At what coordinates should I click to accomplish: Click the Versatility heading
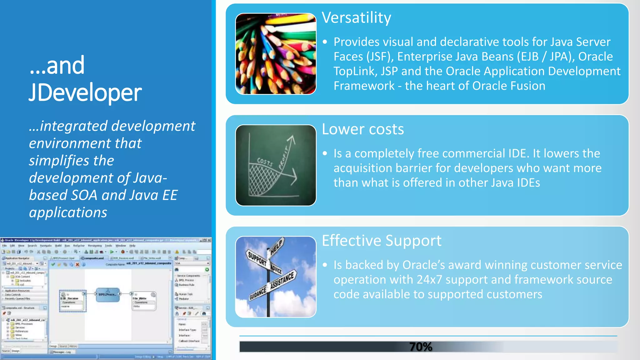[356, 18]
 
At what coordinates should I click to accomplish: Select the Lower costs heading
[363, 129]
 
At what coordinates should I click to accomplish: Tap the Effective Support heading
[382, 241]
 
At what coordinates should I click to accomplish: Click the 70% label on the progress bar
[421, 347]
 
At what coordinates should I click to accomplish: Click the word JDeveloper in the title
[85, 93]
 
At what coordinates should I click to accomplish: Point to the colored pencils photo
[276, 54]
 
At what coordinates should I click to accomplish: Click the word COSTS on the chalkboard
[265, 162]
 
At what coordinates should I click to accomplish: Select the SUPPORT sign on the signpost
[257, 258]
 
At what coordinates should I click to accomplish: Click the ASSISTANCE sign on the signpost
[282, 280]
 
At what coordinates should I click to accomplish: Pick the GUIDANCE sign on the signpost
[258, 293]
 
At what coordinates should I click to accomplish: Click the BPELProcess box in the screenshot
[107, 294]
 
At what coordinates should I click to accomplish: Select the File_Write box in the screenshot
[144, 301]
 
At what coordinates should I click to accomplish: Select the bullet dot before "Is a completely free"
[325, 153]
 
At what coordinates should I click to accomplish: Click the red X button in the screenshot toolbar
[77, 264]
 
